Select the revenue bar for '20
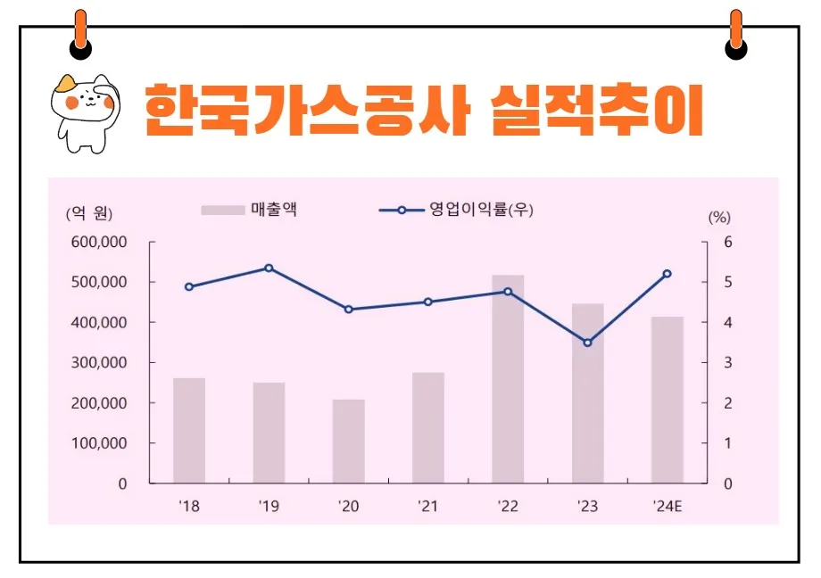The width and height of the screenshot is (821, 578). [348, 441]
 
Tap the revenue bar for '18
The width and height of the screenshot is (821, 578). [189, 430]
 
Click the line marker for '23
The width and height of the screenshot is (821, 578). [587, 343]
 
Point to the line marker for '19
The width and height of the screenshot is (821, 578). [269, 268]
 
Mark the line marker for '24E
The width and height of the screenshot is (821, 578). [667, 274]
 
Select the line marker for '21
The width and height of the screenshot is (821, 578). [428, 301]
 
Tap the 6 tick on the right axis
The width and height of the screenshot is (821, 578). [727, 243]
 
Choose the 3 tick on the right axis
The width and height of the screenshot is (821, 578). [727, 363]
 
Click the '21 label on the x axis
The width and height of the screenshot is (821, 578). [428, 506]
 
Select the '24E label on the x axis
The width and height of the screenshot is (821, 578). [667, 506]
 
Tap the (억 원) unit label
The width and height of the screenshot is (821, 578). [89, 213]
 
